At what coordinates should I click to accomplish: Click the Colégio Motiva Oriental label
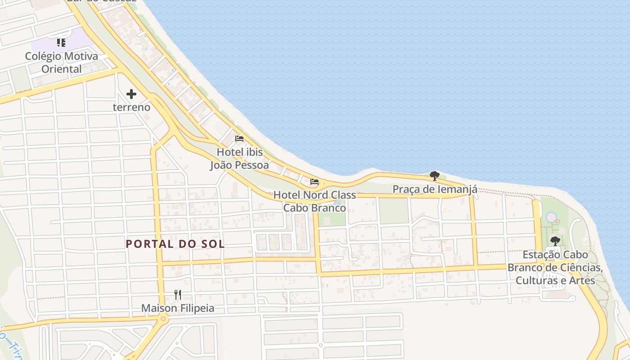coord(61,63)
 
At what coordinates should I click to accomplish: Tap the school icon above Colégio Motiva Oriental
coord(61,43)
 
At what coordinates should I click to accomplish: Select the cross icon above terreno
coord(131,94)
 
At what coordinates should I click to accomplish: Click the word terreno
coord(131,108)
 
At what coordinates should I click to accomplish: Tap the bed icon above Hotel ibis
coord(239,139)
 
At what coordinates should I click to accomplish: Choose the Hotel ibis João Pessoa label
coord(239,158)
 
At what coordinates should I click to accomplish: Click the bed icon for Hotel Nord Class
coord(315,182)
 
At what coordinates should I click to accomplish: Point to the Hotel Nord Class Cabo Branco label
coord(315,202)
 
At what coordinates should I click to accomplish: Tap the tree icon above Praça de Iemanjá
coord(434,175)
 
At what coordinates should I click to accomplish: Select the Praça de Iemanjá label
coord(435,189)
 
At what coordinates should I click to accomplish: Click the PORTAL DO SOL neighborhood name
coord(175,244)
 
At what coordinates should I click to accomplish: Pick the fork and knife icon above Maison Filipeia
coord(178,295)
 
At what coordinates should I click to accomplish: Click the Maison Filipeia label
coord(178,308)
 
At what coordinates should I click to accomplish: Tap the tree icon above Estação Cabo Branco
coord(555,241)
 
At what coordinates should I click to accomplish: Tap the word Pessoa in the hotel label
coord(251,165)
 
